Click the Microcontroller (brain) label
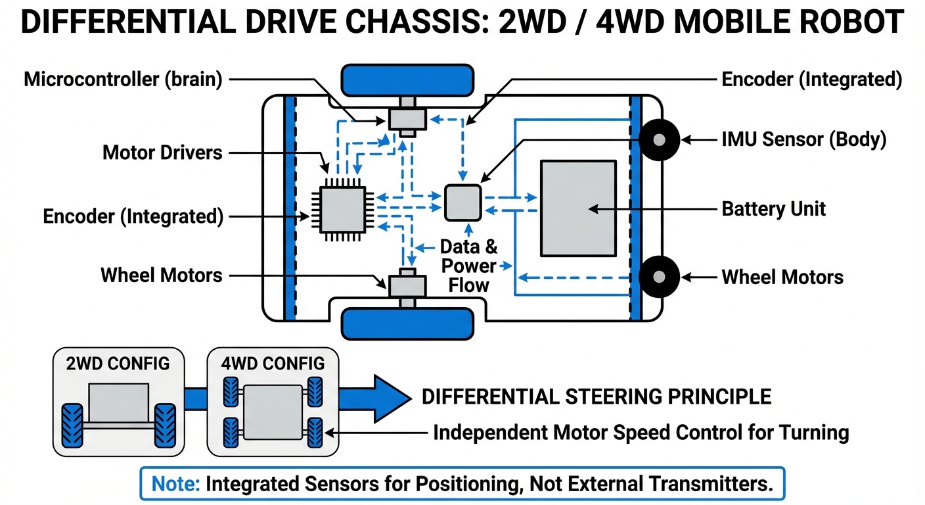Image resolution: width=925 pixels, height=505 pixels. click(x=123, y=80)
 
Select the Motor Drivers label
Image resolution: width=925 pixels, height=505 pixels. click(x=162, y=153)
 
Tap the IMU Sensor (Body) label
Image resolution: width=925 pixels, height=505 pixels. click(x=804, y=139)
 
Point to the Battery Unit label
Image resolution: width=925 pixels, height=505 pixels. click(x=773, y=209)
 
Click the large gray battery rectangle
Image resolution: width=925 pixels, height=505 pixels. click(x=578, y=208)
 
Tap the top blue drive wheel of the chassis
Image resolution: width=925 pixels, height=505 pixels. click(x=407, y=80)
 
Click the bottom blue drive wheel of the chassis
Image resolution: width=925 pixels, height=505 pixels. click(x=407, y=323)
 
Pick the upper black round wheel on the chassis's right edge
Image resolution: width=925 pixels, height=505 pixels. click(x=659, y=139)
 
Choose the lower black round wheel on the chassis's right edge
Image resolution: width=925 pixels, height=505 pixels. click(x=659, y=277)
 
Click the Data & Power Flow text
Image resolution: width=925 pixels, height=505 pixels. click(x=468, y=266)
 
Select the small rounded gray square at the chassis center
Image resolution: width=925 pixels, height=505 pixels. click(x=463, y=201)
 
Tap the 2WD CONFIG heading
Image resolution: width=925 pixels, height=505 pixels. click(x=118, y=363)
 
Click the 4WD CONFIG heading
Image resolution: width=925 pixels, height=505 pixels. click(x=273, y=363)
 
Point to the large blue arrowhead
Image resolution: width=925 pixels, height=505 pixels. click(x=390, y=398)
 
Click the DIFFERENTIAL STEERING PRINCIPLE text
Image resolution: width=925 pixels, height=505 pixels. click(x=596, y=397)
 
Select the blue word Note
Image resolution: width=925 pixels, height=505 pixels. click(x=176, y=484)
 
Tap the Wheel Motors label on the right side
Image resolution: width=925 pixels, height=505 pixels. click(x=782, y=277)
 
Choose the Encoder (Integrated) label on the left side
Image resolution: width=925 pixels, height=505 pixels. click(x=133, y=216)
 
